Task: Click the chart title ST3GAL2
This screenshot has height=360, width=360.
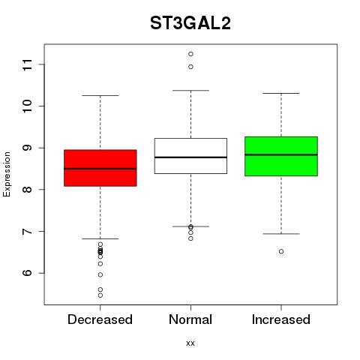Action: [190, 23]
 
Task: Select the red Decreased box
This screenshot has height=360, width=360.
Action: [100, 168]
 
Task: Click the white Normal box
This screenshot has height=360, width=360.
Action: [190, 156]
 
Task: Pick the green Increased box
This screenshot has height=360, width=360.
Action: [281, 156]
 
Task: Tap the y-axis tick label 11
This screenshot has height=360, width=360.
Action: [27, 64]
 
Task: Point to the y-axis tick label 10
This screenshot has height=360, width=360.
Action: [27, 106]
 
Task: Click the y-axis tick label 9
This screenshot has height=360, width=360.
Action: [27, 148]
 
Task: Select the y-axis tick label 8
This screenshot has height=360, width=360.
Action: [27, 190]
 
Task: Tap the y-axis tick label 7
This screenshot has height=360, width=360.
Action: [27, 231]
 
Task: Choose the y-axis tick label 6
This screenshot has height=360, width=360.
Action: [27, 273]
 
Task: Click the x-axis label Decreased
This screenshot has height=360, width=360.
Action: [100, 319]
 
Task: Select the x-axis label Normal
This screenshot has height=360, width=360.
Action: [190, 319]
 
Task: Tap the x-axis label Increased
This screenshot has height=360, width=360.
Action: [281, 319]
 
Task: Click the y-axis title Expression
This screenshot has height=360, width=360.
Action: [7, 174]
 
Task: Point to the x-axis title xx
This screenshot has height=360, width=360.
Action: [190, 343]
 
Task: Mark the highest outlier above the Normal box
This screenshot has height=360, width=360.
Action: [190, 54]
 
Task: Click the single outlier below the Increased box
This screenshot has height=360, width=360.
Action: [281, 251]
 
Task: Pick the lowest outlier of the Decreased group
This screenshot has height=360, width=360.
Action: [100, 295]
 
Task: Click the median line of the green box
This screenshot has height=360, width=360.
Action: [281, 154]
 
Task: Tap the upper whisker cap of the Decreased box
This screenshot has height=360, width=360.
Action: [100, 95]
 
